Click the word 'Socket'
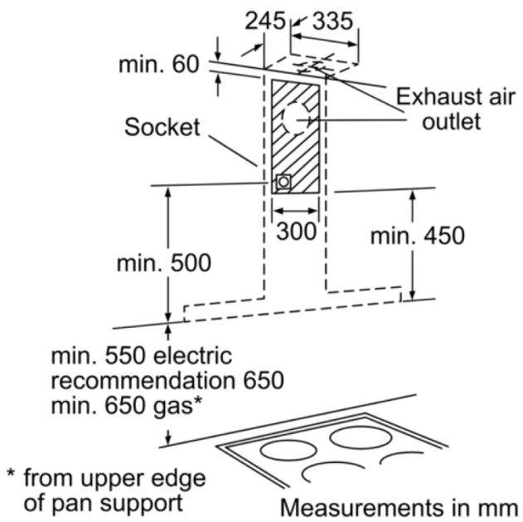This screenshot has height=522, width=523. [x=162, y=127]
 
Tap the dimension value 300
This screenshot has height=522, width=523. [x=296, y=231]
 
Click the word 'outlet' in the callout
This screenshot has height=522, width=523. [x=449, y=123]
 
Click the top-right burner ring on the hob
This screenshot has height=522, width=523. [x=362, y=437]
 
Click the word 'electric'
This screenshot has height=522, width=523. [x=192, y=358]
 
